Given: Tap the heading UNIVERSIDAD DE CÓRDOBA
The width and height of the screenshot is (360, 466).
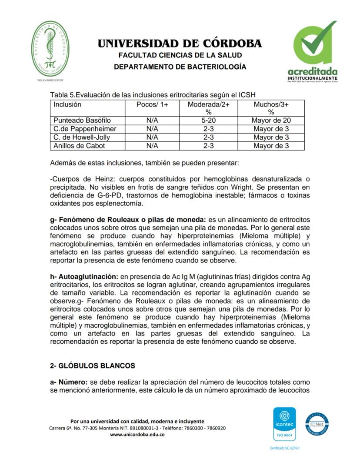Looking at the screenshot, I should [x=180, y=44].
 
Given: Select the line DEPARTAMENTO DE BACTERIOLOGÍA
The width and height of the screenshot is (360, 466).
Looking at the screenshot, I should [x=180, y=67].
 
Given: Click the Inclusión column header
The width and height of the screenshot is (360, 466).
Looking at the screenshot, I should [x=67, y=105].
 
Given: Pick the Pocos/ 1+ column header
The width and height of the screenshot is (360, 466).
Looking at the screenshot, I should [x=152, y=105].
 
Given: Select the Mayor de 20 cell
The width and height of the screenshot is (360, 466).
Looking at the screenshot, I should [x=271, y=121].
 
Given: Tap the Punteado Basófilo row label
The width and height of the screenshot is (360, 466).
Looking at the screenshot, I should [x=82, y=121].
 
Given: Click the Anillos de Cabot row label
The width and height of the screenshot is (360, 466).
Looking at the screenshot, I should [x=79, y=146].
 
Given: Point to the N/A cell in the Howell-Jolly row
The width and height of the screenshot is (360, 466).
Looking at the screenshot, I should [x=152, y=137].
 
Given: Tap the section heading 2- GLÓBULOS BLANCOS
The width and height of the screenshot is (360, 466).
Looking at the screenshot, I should [x=93, y=365].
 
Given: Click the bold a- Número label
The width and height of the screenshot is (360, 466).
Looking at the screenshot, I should [x=66, y=382].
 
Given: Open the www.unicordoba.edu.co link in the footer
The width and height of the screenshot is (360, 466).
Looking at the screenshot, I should [x=137, y=434].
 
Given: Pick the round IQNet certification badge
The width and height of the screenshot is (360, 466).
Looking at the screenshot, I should [x=317, y=423].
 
